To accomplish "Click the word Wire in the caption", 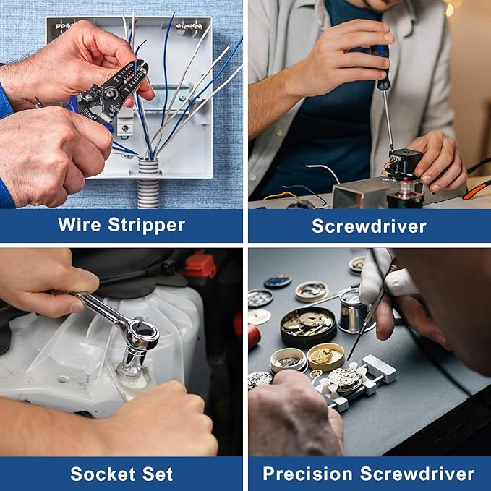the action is coord(80,224).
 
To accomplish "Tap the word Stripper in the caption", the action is coord(147,226).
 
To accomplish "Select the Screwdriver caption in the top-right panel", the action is coord(370,226).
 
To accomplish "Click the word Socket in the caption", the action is coord(103,474).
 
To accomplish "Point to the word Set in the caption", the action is coord(158,474).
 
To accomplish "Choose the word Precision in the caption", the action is coord(307,474).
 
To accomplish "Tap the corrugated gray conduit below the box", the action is coord(148,183).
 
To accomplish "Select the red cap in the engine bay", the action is coord(200,266).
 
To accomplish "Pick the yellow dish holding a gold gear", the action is coord(325,356).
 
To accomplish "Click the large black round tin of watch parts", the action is coord(308,326).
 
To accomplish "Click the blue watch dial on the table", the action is coord(278,281).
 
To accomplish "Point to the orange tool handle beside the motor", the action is coord(476,189).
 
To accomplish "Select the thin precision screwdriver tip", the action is coord(349,356).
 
